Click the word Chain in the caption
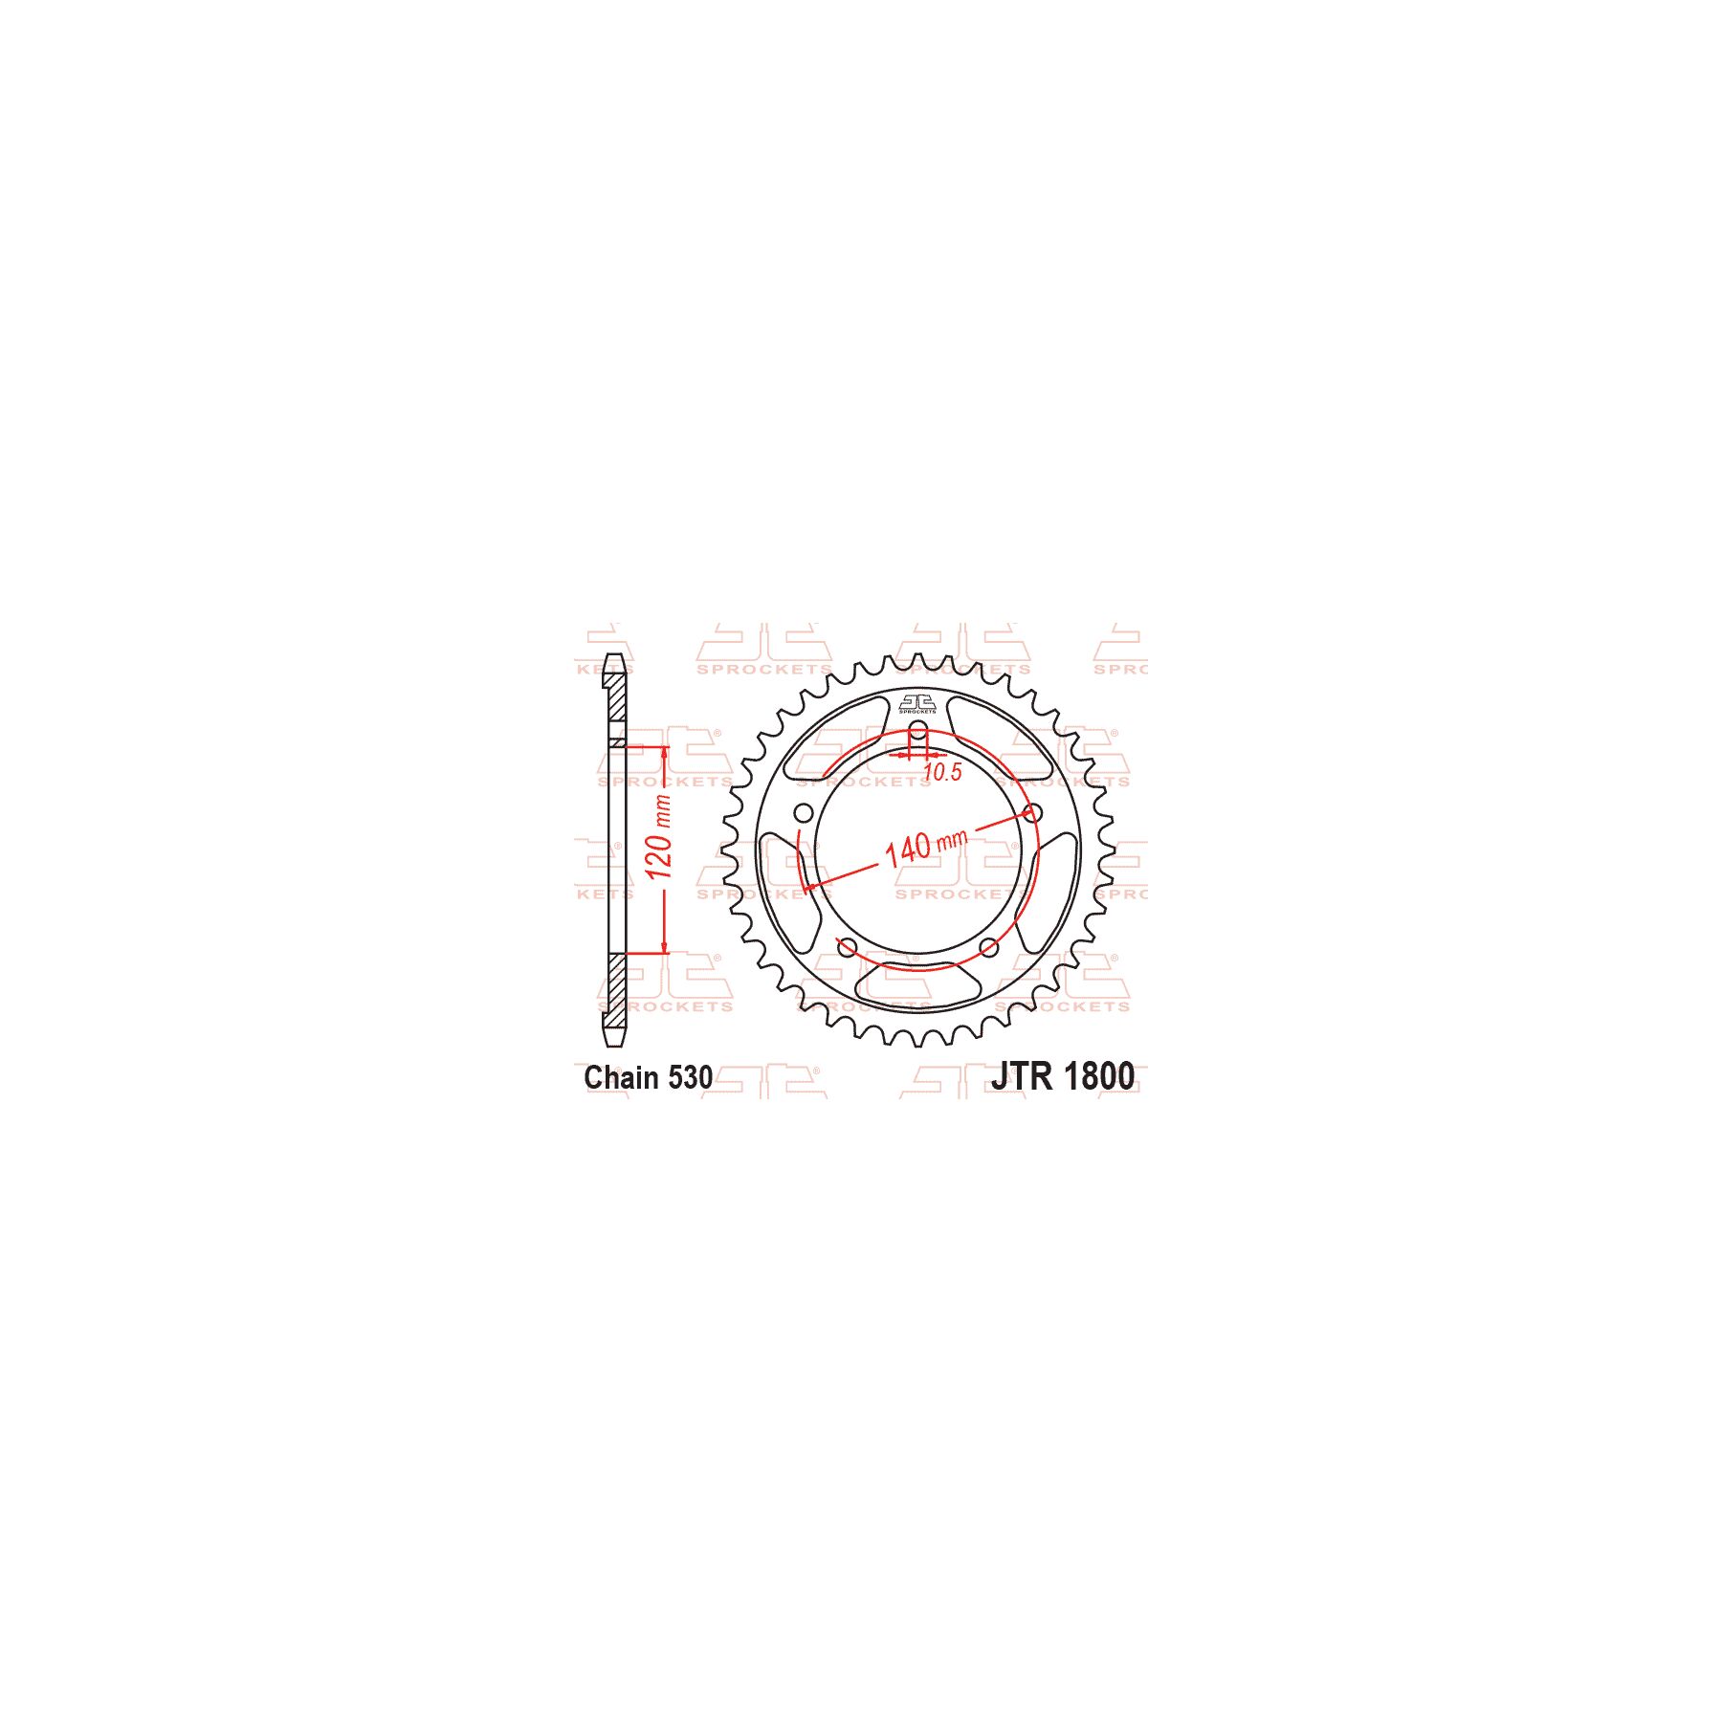(620, 1078)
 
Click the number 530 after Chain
(690, 1078)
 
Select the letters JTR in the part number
(1021, 1076)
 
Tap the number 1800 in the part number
(1098, 1076)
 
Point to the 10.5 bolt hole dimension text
(942, 772)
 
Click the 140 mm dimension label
(924, 846)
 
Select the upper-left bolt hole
(804, 813)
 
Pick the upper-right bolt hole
(1032, 813)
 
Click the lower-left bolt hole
(847, 948)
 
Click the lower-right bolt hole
(989, 948)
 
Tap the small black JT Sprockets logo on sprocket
(917, 704)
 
